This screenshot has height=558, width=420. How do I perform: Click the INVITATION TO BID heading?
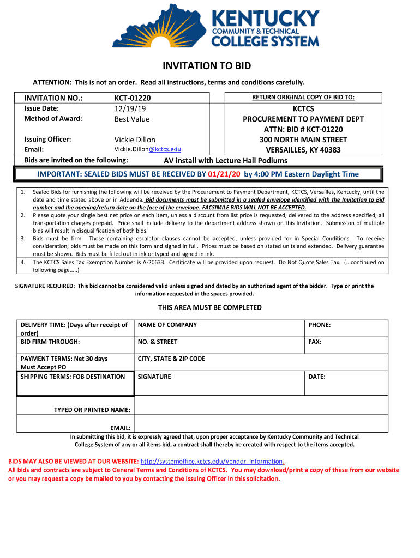(207, 66)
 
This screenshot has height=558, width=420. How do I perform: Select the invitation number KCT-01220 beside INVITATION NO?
(132, 98)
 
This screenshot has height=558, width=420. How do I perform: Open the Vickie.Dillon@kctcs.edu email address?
(147, 149)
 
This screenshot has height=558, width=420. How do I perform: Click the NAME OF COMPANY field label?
(167, 325)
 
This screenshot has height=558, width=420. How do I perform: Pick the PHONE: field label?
(320, 325)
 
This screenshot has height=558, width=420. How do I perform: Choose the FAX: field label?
(315, 342)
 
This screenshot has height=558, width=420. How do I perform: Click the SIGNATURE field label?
(154, 377)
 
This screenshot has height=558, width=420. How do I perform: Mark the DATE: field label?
(317, 377)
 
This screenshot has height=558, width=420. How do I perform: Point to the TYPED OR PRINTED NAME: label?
(92, 410)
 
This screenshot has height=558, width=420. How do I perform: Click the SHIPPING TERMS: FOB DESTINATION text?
(73, 377)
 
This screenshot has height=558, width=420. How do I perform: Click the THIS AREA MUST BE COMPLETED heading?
(209, 307)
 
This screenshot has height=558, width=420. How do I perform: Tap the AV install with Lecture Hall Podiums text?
(225, 161)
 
